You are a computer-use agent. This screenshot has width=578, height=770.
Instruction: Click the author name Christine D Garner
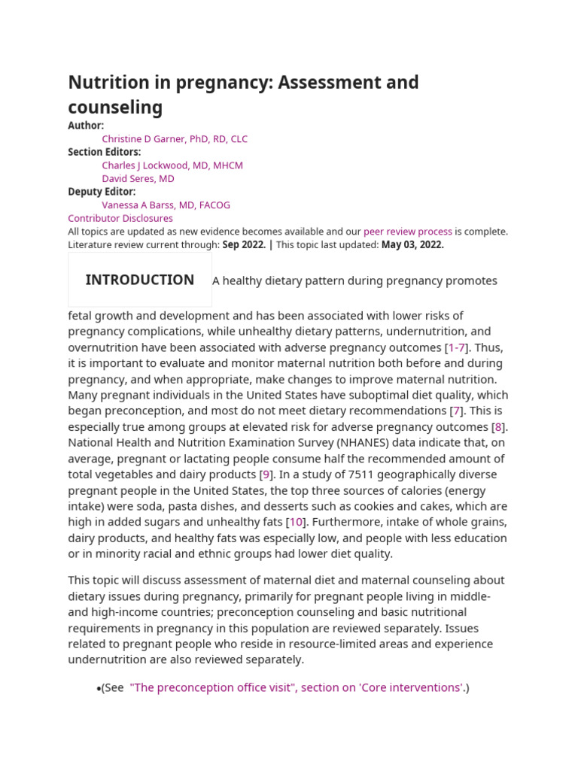click(175, 139)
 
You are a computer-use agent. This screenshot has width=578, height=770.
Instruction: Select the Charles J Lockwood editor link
click(172, 165)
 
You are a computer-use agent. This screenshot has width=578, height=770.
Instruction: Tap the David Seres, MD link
click(138, 179)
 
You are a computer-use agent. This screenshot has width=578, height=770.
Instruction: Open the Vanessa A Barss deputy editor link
click(166, 205)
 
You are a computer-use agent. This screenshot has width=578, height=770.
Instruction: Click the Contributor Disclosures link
click(120, 218)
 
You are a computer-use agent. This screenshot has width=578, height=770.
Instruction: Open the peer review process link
click(408, 232)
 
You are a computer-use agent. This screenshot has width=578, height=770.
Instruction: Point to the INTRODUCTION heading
click(140, 280)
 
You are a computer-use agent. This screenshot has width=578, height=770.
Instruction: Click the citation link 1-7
click(457, 347)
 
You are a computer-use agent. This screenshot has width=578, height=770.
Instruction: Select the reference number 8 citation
click(497, 427)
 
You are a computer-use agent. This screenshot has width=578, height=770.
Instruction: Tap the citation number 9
click(266, 474)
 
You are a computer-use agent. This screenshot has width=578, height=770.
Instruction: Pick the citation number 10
click(297, 522)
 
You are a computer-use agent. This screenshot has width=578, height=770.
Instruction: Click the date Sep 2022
click(243, 244)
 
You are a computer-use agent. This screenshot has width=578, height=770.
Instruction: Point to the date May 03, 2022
click(412, 244)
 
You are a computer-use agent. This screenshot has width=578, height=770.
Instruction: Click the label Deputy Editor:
click(102, 192)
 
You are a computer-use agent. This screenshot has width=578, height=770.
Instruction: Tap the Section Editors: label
click(105, 152)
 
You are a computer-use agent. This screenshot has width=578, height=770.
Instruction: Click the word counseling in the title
click(115, 108)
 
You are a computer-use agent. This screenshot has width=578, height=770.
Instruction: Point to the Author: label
click(86, 126)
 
